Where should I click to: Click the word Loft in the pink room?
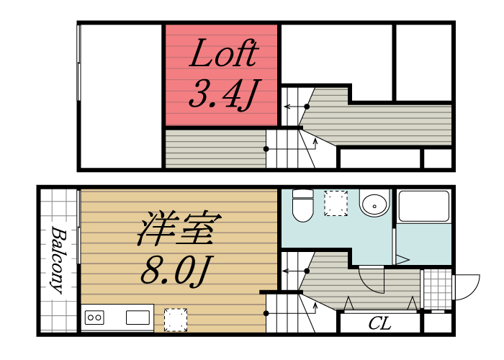click(222, 55)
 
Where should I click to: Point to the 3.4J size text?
click(222, 95)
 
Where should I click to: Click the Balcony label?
click(58, 261)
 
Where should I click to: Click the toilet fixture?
click(302, 205)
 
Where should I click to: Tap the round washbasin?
click(374, 205)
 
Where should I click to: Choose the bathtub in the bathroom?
click(423, 207)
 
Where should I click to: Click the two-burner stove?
click(95, 317)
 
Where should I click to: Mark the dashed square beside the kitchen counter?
click(176, 319)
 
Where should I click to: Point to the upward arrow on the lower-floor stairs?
click(316, 310)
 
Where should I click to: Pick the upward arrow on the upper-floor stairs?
click(316, 143)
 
